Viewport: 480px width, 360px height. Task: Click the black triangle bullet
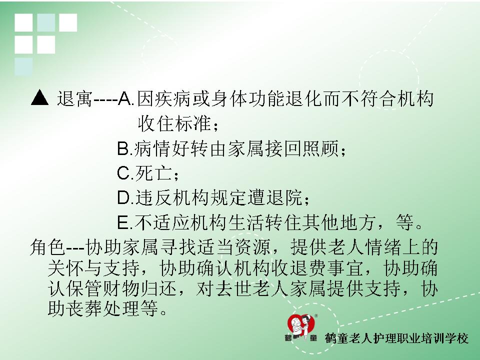pyautogui.click(x=40, y=98)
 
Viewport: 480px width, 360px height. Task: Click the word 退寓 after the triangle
pyautogui.click(x=74, y=98)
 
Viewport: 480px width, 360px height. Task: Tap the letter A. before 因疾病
pyautogui.click(x=126, y=98)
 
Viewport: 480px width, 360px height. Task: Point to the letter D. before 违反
pyautogui.click(x=125, y=197)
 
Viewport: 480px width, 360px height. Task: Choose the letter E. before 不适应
pyautogui.click(x=125, y=222)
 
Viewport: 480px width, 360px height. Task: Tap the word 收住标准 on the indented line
pyautogui.click(x=174, y=123)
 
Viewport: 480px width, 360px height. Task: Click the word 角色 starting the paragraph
pyautogui.click(x=47, y=246)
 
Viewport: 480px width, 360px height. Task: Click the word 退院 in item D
pyautogui.click(x=284, y=197)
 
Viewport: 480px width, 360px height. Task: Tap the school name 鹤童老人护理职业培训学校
pyautogui.click(x=396, y=338)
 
